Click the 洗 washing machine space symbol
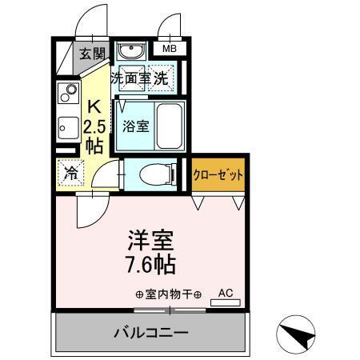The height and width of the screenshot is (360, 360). coord(162,78)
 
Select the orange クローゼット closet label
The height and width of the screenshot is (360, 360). coord(218,174)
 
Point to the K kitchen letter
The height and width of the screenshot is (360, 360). coord(94,106)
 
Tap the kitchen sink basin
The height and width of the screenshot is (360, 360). coord(66,126)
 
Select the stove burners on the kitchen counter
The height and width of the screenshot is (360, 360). coord(66,94)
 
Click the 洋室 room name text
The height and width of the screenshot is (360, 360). coord(150,240)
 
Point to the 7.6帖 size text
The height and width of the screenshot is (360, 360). coord(150,264)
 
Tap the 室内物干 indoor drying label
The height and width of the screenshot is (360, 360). coord(168,294)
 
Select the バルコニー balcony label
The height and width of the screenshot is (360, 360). coord(150,331)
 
